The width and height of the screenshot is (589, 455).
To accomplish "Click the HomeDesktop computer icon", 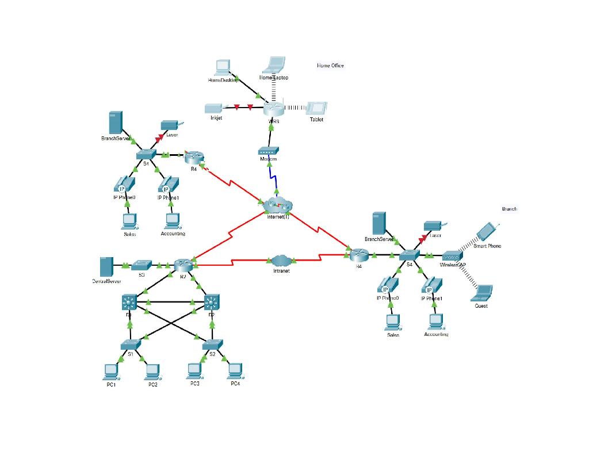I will (x=222, y=67).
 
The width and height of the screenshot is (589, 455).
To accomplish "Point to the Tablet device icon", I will (x=316, y=109).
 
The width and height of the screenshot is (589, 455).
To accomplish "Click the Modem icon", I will (x=269, y=151).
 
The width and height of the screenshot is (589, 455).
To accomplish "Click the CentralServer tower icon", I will (x=106, y=266).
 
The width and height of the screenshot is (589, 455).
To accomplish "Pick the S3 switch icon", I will (x=141, y=265).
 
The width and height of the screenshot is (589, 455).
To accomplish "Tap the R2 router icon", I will (x=183, y=266).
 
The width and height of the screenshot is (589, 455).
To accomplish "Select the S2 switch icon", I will (x=212, y=345).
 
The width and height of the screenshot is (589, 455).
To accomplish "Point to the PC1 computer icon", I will (x=111, y=372).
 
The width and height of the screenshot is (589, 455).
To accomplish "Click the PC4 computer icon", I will (x=235, y=371).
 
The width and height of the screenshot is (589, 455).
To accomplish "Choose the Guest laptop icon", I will (x=481, y=293).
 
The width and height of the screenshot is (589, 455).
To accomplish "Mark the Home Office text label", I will (x=330, y=66).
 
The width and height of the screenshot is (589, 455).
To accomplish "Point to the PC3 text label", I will (x=195, y=384).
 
